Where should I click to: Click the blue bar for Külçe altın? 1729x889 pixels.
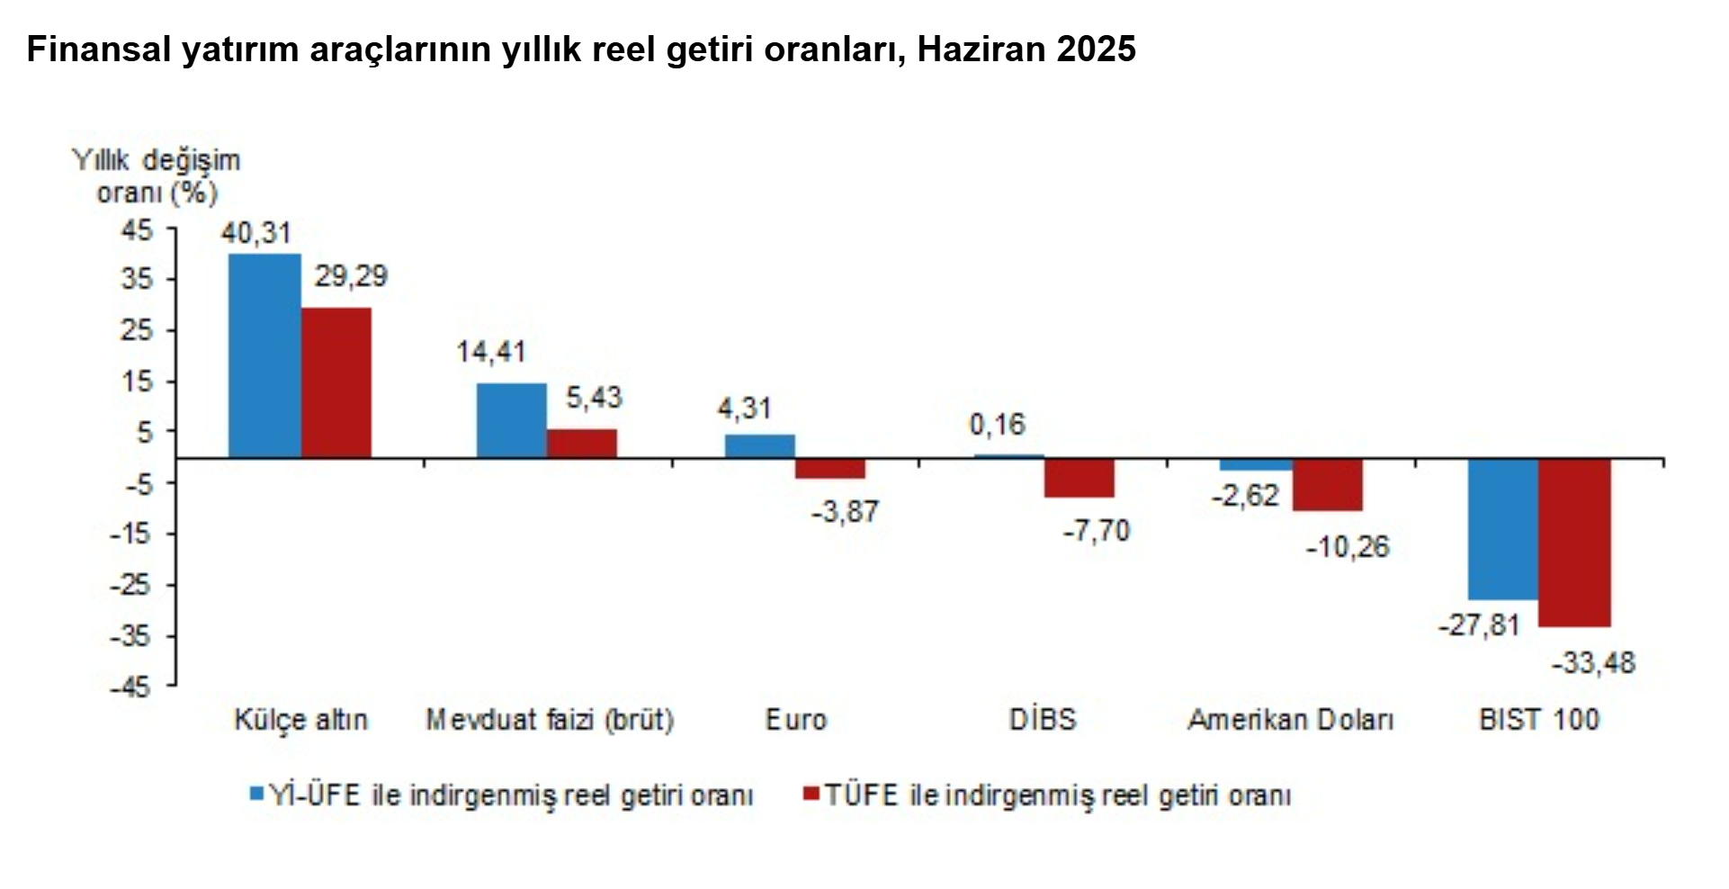264,355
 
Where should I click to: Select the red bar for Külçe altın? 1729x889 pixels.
336,382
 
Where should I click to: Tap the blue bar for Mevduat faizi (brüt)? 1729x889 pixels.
511,420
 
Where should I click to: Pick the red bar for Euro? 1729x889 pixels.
829,468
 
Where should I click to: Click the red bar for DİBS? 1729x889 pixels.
1079,478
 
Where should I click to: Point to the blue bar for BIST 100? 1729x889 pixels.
1502,529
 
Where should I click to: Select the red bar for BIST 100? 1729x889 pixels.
1574,543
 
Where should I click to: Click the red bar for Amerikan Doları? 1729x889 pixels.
1327,485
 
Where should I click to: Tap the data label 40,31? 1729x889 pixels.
256,233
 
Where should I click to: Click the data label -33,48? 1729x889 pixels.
1593,663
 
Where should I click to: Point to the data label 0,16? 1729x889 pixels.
997,425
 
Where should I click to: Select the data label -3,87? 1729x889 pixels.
844,512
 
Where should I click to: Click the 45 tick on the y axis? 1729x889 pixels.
138,230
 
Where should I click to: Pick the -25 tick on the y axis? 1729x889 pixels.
132,585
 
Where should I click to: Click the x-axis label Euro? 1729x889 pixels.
795,720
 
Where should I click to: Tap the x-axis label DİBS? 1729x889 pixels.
1043,720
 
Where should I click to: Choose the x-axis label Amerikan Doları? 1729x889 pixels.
1290,720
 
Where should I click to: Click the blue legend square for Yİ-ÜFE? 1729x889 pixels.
256,794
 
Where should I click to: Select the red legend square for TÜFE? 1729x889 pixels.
811,794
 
